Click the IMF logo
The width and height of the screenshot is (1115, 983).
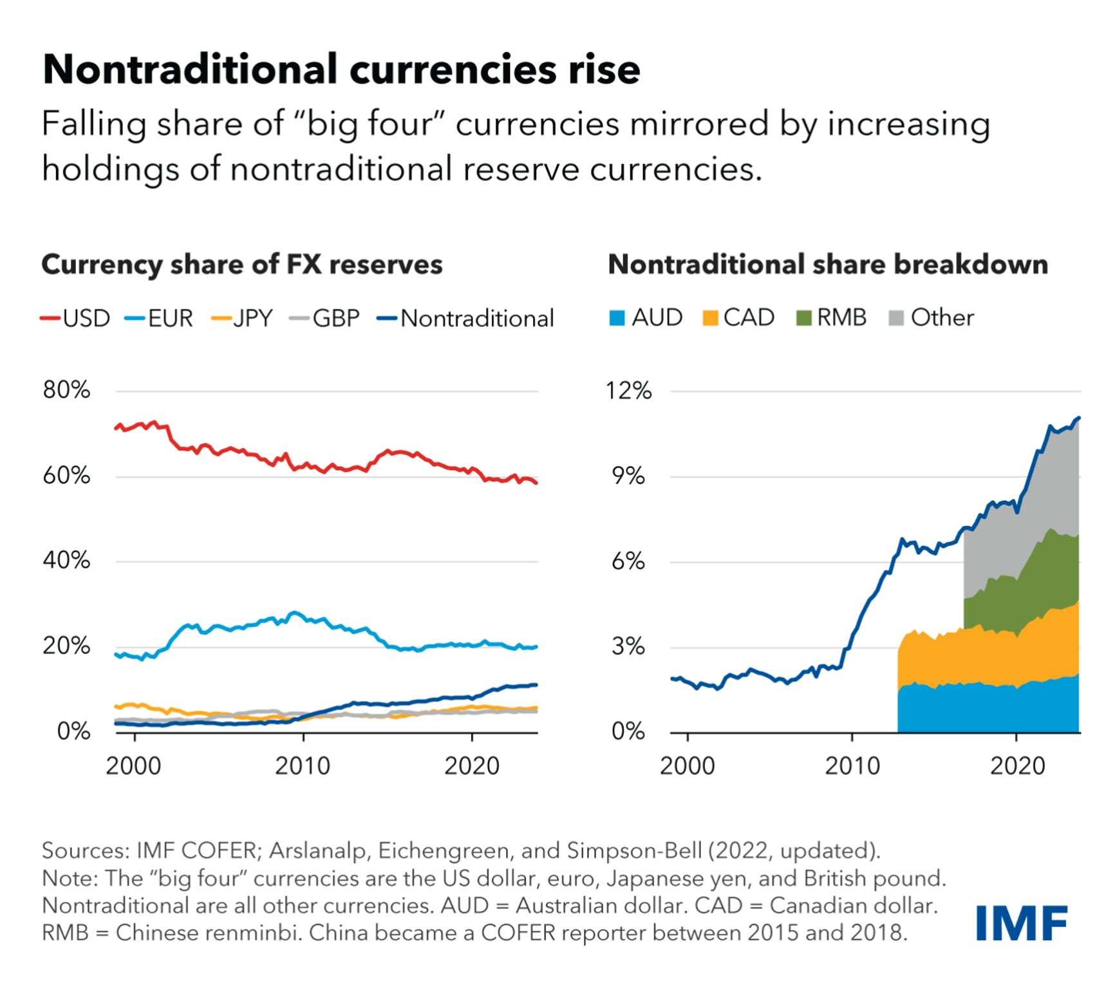[1022, 923]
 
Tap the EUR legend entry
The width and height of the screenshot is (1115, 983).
[159, 318]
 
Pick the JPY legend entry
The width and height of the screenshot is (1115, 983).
[242, 318]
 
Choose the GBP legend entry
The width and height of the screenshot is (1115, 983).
[324, 318]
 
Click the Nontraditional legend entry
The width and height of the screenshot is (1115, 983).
[465, 318]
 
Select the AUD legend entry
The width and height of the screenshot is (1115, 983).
[646, 317]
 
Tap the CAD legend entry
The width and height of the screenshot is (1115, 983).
[738, 317]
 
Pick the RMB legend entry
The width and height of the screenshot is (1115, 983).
[832, 317]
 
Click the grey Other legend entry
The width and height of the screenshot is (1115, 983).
[932, 317]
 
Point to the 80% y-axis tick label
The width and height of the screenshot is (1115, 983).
[66, 390]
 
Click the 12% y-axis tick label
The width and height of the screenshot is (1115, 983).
[629, 391]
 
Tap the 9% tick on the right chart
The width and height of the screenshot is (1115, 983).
[629, 476]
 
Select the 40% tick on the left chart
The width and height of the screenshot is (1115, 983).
[66, 561]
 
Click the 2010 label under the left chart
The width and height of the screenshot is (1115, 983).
[303, 766]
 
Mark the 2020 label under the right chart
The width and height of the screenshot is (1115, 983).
[1017, 766]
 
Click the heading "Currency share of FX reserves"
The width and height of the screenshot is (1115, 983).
[242, 265]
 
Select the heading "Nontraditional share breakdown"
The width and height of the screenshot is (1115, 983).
[828, 265]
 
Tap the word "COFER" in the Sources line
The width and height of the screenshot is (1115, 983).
[219, 850]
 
